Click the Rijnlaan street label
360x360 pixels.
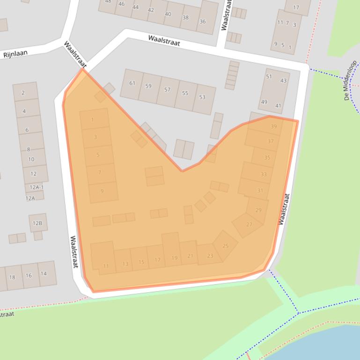(x=15, y=54)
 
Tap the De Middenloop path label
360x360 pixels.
(x=350, y=80)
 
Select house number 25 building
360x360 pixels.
(x=225, y=245)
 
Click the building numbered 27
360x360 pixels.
(x=249, y=224)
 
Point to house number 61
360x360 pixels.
(x=132, y=83)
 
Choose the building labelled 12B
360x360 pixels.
(x=37, y=223)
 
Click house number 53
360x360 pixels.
(x=202, y=97)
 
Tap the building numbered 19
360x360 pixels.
(x=174, y=258)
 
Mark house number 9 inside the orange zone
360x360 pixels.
(x=102, y=191)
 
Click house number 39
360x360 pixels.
(x=273, y=127)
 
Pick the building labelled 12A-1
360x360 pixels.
(x=37, y=187)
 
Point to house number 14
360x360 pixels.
(x=44, y=274)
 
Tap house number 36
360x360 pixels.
(x=202, y=22)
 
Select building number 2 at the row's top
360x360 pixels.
(x=23, y=93)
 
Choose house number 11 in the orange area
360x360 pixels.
(x=106, y=266)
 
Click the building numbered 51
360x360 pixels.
(x=269, y=77)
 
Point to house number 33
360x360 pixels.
(x=264, y=174)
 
